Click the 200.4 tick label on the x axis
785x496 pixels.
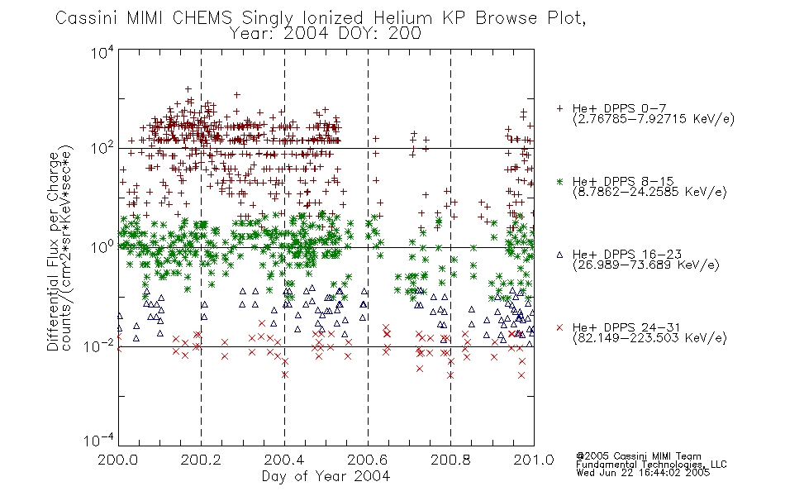(x=284, y=460)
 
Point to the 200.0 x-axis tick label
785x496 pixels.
(x=117, y=460)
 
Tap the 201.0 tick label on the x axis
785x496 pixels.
(x=534, y=460)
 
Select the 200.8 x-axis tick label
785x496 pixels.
(x=450, y=460)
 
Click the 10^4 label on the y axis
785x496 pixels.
(x=102, y=52)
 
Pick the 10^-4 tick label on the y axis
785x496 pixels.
(x=99, y=440)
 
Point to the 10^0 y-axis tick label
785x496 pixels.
(x=102, y=246)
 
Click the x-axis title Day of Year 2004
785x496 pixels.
(x=326, y=476)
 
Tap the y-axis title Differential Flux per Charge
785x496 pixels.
(x=54, y=251)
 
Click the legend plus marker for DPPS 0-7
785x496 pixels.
(x=559, y=108)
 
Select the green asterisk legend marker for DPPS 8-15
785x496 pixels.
(x=559, y=181)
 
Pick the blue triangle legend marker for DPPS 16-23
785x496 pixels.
(x=559, y=255)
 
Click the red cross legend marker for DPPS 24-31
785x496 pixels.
(x=559, y=327)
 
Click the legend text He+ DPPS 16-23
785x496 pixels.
(x=627, y=255)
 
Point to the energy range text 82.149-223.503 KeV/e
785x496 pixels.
(x=649, y=338)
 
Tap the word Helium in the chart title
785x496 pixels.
(x=402, y=18)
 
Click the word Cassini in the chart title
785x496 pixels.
(x=87, y=18)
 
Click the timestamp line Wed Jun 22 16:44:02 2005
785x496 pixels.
(x=643, y=472)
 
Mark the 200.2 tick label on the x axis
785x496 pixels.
(x=201, y=460)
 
